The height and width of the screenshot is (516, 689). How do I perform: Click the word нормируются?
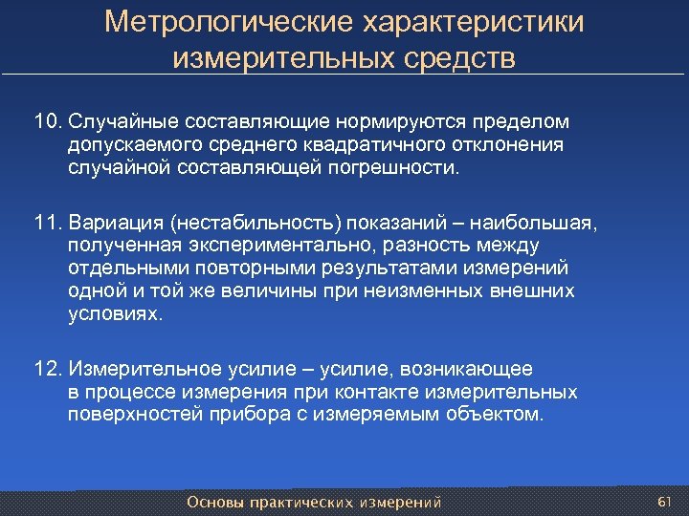pos(394,122)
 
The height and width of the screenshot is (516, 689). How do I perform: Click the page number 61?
pos(665,502)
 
